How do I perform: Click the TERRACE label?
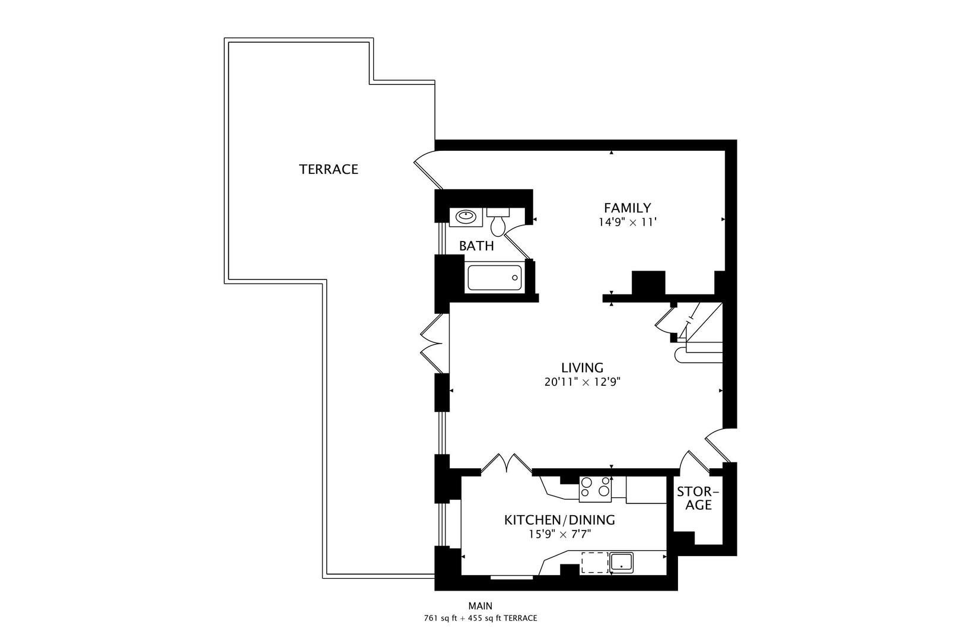click(x=328, y=169)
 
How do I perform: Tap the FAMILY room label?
click(x=627, y=208)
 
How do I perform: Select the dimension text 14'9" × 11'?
click(x=627, y=223)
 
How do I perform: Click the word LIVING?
click(x=582, y=367)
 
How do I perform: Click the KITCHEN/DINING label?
click(x=559, y=520)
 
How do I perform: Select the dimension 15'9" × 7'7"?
click(x=559, y=534)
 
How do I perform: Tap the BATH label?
click(x=476, y=246)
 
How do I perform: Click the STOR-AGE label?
click(x=697, y=499)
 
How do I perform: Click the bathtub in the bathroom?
click(x=494, y=278)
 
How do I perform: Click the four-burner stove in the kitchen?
click(x=595, y=487)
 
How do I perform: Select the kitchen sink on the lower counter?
click(x=622, y=562)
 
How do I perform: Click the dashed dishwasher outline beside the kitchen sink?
click(x=594, y=562)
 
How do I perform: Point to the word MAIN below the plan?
click(x=480, y=606)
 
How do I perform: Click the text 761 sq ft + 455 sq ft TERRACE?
click(x=480, y=618)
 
